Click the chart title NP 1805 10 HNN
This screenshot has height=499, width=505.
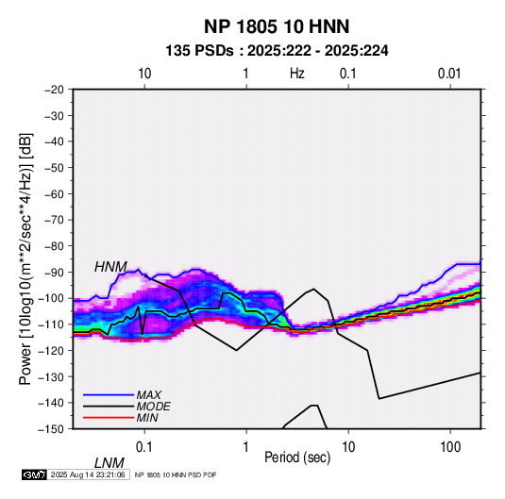[277, 26]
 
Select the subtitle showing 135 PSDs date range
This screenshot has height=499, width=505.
[277, 51]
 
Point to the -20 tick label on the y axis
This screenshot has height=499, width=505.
[54, 90]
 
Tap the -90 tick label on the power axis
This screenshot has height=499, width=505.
[54, 273]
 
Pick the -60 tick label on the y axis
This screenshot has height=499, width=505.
[54, 193]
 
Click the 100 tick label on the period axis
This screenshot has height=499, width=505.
[450, 447]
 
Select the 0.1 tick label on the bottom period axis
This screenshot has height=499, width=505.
[144, 447]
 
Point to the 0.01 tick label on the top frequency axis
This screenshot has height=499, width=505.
[449, 74]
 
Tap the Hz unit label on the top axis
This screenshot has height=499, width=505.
[297, 74]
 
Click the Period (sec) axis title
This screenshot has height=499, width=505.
[297, 457]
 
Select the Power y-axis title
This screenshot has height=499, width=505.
[25, 259]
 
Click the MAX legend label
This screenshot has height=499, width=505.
[149, 395]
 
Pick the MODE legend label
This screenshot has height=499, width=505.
[153, 407]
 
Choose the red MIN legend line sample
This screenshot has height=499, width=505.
[109, 418]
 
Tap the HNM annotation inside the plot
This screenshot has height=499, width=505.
[110, 267]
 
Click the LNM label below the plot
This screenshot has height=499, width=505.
[109, 463]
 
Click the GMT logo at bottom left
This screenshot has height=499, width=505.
[34, 474]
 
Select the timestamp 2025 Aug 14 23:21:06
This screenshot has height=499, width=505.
[88, 474]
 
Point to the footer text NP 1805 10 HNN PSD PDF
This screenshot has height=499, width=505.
[176, 475]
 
